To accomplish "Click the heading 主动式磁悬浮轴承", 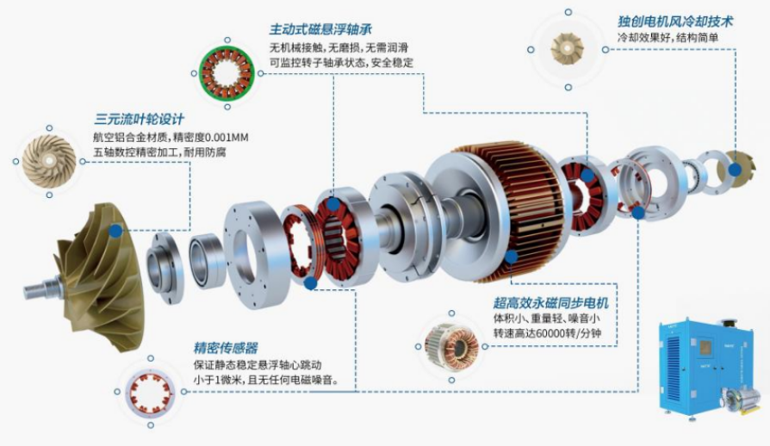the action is (320, 29).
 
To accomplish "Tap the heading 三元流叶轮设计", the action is (140, 119).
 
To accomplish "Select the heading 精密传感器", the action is (226, 349).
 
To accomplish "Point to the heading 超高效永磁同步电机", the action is (551, 302).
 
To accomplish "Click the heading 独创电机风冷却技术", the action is (675, 22).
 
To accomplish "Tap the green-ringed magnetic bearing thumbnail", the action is (227, 73).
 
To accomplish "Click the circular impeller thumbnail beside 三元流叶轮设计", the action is (49, 161).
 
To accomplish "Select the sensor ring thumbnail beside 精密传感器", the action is (151, 392).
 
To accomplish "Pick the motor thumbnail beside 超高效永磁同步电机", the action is (451, 346).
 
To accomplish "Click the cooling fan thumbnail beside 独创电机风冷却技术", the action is (568, 49).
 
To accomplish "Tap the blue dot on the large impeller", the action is (116, 231).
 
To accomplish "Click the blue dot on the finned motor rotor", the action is (512, 257).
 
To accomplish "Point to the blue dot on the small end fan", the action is (736, 170).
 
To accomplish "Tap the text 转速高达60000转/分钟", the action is (547, 334).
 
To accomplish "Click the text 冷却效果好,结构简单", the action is (668, 38).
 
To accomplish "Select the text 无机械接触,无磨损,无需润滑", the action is (338, 47).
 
